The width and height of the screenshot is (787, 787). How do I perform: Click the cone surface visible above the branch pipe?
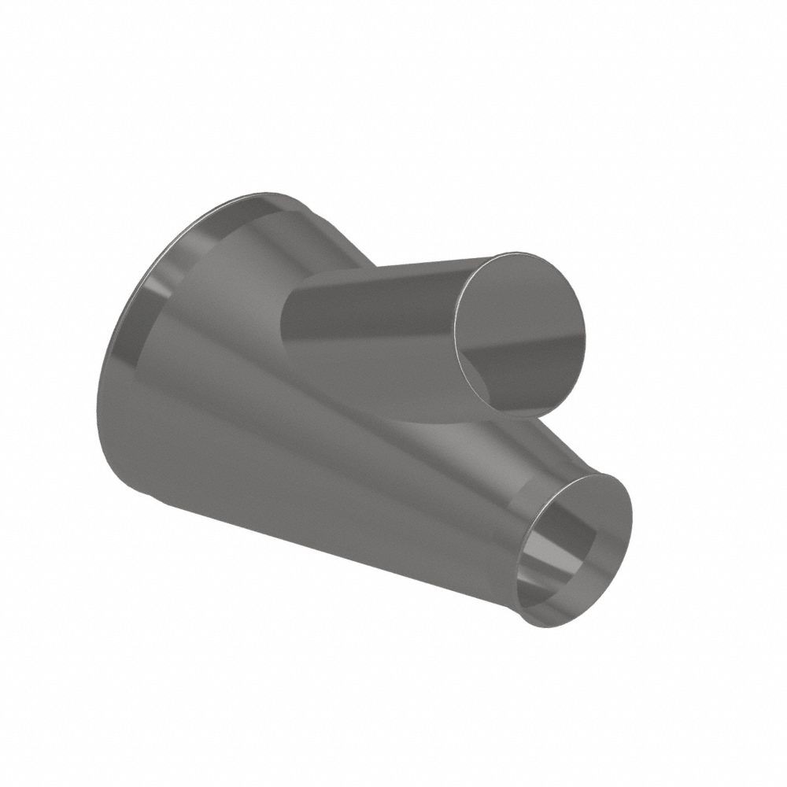[331, 236]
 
